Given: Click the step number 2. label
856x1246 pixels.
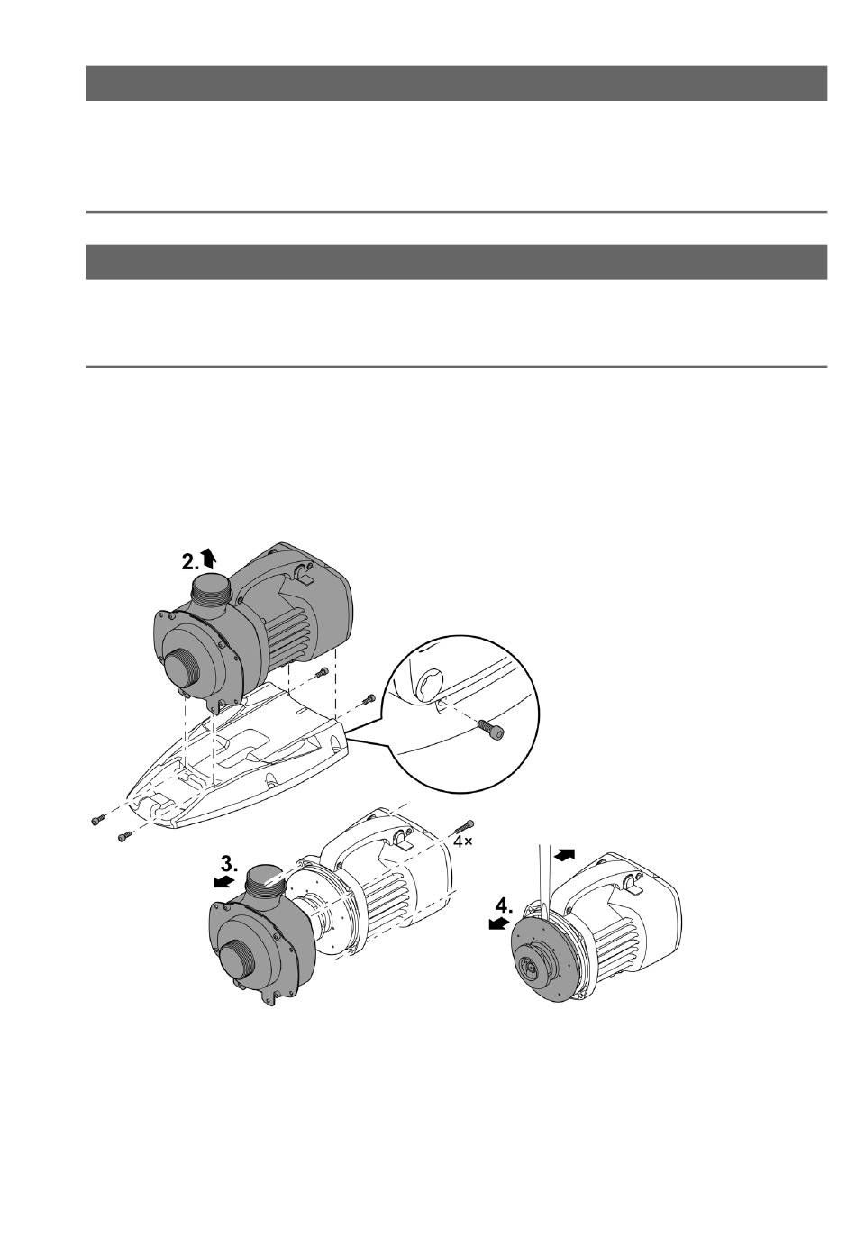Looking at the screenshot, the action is coord(190,562).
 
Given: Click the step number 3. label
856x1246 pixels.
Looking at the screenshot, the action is coord(229,864).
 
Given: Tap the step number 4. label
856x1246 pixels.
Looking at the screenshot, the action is coord(504,906).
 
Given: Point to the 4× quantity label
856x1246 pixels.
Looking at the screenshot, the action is coord(463,841).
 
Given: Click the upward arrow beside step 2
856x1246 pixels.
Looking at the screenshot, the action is coord(208,558).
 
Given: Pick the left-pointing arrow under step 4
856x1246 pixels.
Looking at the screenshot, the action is coord(498,923).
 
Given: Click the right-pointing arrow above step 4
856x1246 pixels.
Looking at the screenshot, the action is coord(565,853).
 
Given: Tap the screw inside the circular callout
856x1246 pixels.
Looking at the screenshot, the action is coord(492,729).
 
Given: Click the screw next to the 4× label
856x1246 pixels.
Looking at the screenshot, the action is coord(466,826).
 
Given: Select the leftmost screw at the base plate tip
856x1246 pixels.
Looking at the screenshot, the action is coord(98,821).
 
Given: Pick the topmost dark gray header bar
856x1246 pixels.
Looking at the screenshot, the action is coord(456,83).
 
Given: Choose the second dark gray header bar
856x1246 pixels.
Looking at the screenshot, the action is coord(456,262).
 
